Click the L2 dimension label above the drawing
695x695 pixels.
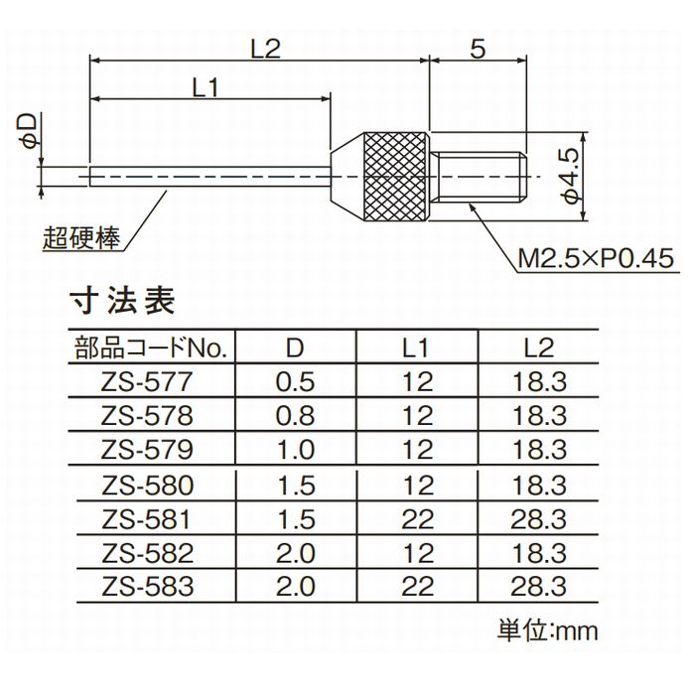click(x=266, y=49)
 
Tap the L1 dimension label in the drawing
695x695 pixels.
click(x=206, y=87)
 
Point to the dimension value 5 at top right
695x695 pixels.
click(x=478, y=50)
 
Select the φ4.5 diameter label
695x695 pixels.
click(x=571, y=176)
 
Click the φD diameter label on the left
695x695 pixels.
click(x=29, y=131)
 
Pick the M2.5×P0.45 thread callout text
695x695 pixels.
click(x=596, y=258)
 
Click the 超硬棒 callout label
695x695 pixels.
click(x=81, y=238)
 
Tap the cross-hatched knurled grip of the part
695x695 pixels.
click(x=396, y=177)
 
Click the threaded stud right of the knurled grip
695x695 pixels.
click(x=479, y=177)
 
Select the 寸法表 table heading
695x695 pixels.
click(x=122, y=301)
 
